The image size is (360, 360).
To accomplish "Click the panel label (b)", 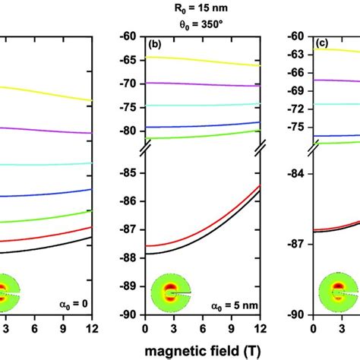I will click(156, 45).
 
